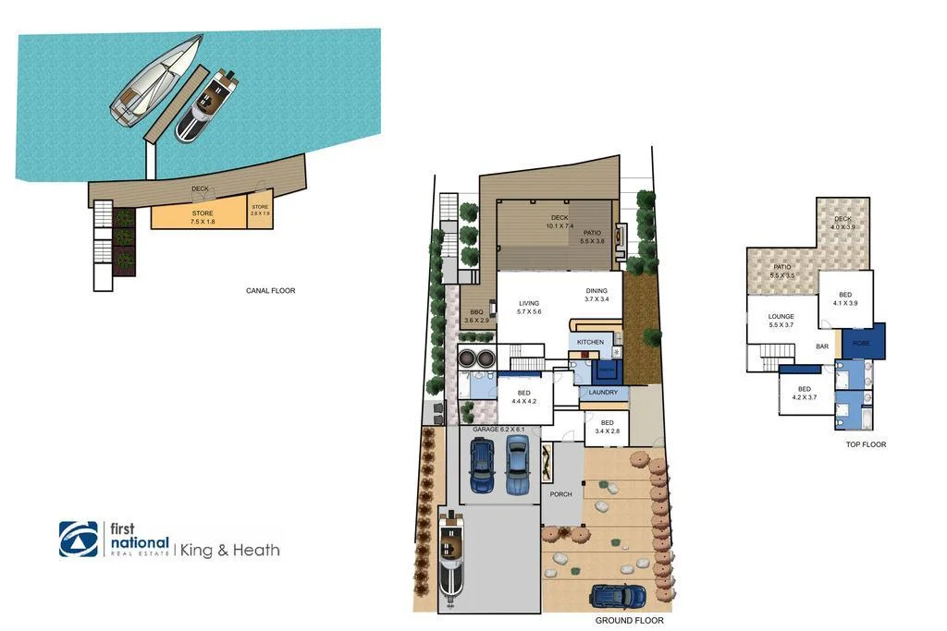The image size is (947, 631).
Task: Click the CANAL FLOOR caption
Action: tap(271, 291)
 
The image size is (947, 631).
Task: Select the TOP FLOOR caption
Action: tap(866, 444)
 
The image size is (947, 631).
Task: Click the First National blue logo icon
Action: tap(79, 539)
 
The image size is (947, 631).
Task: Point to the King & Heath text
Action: tap(229, 550)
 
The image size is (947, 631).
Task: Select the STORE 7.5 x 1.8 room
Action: tap(201, 217)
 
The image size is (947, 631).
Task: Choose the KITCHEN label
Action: tap(590, 342)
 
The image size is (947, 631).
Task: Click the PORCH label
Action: tap(560, 494)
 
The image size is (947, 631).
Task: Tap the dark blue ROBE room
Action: tap(862, 343)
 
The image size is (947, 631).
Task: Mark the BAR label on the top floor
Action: tap(821, 347)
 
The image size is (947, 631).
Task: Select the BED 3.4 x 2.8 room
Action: tap(607, 427)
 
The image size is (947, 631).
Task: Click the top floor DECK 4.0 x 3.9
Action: tap(842, 224)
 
